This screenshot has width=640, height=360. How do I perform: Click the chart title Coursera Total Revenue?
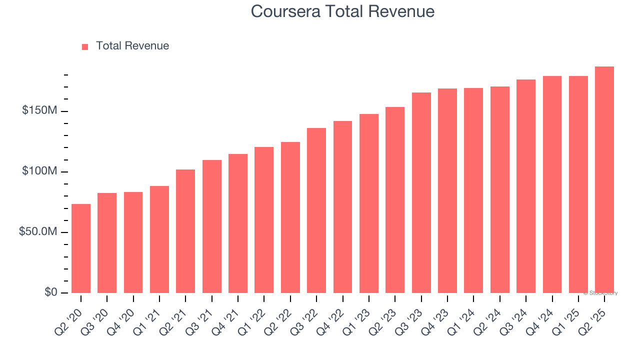[342, 11]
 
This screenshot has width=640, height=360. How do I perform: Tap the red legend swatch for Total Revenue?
[85, 46]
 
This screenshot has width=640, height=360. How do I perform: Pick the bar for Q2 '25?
[604, 180]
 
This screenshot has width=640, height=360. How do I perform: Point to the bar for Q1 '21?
[159, 239]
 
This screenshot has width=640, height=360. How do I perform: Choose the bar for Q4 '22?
[342, 207]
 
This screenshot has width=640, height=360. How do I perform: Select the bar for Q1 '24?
[473, 190]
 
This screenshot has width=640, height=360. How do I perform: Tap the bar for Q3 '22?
[316, 210]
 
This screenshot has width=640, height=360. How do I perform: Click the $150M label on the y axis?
[39, 110]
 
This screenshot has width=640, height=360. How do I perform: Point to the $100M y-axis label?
[39, 171]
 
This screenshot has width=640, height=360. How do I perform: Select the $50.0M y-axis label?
[37, 232]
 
